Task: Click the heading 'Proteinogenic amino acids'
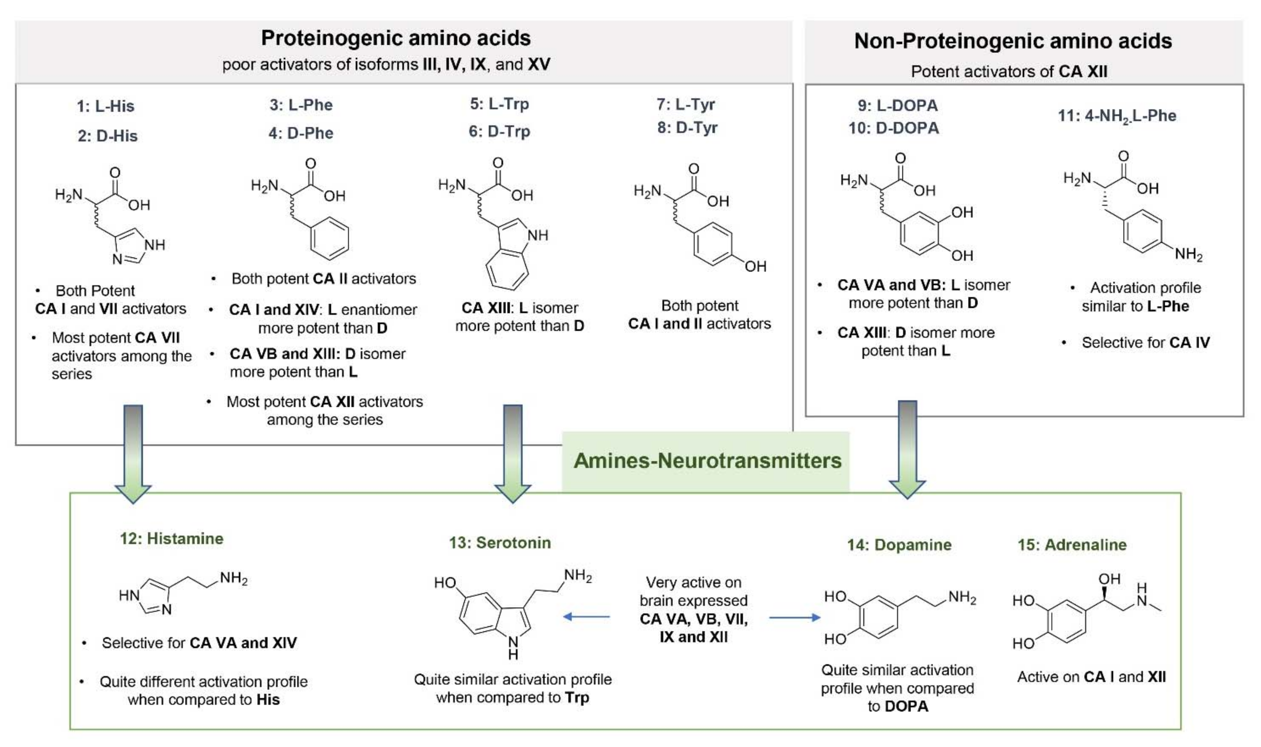[x=396, y=39]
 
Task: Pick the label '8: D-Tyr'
[x=687, y=128]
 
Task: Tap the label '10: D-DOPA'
[x=894, y=128]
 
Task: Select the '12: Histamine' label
[x=171, y=538]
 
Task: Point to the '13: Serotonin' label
[x=500, y=543]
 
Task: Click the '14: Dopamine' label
[x=899, y=545]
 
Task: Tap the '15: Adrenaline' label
[x=1072, y=545]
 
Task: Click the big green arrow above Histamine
[x=133, y=453]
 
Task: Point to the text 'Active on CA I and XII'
[x=1091, y=677]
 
